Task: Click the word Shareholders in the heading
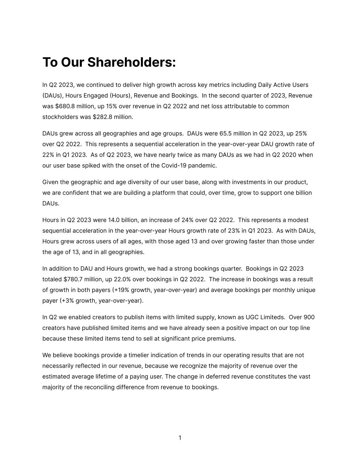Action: [131, 62]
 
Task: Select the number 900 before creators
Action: [309, 317]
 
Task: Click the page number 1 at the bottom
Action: [180, 438]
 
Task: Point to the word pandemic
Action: [204, 166]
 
